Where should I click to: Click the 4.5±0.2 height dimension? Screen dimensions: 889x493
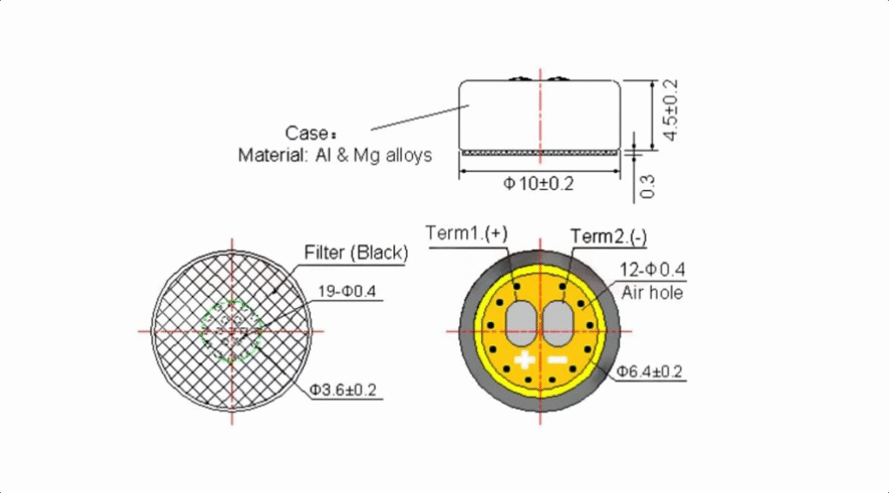[670, 110]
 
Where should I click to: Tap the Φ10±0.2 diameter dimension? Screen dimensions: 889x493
[538, 184]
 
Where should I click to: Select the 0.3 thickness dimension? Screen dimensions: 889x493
[647, 187]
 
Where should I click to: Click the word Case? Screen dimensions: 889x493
[306, 133]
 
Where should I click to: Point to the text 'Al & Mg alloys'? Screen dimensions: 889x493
[373, 154]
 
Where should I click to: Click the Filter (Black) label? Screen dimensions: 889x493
[356, 253]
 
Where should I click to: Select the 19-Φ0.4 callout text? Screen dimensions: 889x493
[346, 292]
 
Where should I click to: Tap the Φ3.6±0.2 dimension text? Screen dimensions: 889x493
[342, 390]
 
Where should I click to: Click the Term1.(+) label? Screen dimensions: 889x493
[466, 233]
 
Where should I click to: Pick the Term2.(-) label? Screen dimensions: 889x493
[609, 237]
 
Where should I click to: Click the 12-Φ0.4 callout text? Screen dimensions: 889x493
[652, 270]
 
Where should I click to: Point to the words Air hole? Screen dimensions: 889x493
[652, 293]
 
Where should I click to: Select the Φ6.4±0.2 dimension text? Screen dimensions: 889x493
[649, 371]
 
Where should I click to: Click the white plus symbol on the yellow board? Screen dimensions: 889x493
[524, 359]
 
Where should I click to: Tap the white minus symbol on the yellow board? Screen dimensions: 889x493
[558, 359]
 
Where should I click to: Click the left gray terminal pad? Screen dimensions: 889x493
[521, 323]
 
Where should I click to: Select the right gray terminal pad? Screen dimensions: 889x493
[558, 323]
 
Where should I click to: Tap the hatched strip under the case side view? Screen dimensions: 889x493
[540, 153]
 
